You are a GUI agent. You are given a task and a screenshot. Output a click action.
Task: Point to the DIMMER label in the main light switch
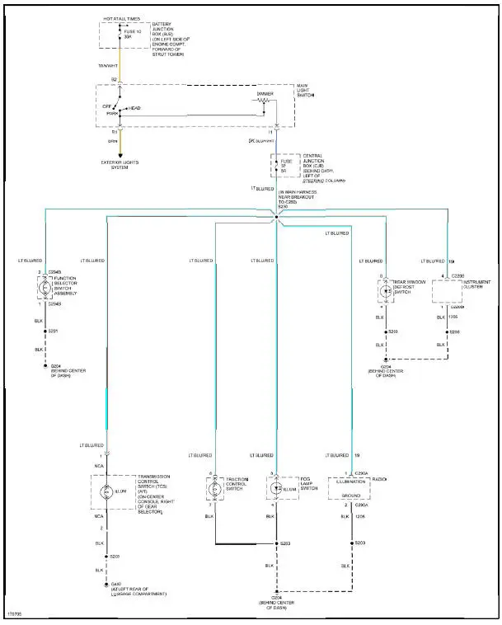coord(265,94)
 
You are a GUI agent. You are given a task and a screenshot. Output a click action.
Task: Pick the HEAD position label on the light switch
coord(134,107)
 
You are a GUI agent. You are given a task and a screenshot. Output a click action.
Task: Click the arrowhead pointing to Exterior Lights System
coord(120,157)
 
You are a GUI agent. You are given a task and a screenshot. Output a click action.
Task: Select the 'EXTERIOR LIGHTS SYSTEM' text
coord(120,165)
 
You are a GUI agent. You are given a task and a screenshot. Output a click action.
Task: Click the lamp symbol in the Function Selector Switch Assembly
coord(45,289)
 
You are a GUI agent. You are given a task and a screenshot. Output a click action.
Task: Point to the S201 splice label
coord(54,331)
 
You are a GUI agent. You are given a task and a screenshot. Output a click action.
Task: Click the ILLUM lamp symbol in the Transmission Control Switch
coord(106,491)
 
